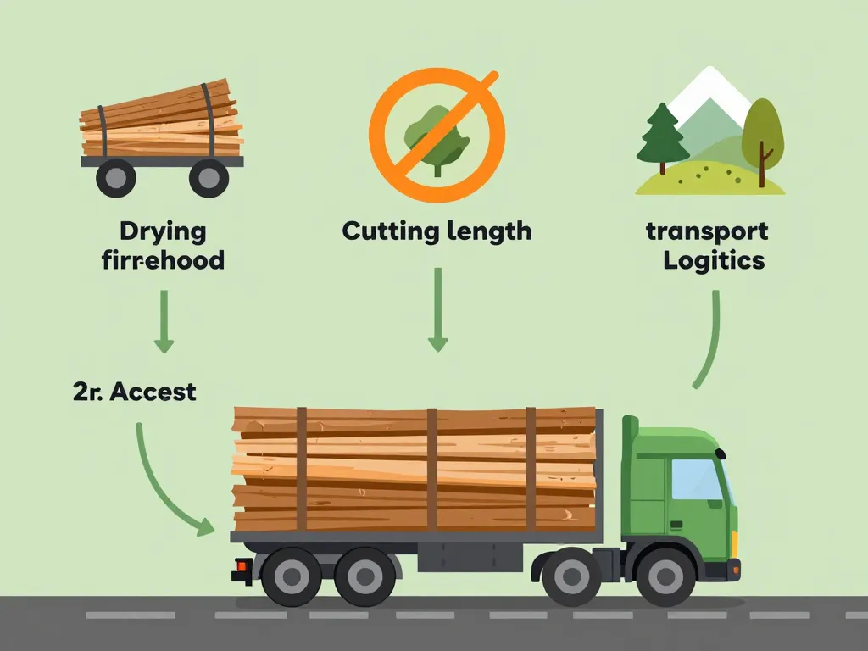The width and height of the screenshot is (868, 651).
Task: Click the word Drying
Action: pos(163,231)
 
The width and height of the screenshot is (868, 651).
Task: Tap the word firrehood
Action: pos(163,259)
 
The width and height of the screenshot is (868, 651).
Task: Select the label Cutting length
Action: pos(437,231)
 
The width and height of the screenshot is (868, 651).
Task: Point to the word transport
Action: pos(707,231)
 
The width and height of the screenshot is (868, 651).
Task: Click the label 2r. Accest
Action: pos(135,392)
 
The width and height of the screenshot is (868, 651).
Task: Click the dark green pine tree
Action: pos(662,136)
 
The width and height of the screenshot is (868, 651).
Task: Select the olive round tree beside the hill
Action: pos(762,134)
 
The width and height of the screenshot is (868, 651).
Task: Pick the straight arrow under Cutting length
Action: pos(437,309)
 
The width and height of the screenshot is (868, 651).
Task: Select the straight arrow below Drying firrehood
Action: pos(164,322)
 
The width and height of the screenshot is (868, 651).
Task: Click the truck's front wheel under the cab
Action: pos(665,576)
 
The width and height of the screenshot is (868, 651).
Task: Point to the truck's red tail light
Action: pos(242,565)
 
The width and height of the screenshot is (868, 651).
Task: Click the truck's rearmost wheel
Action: pos(292,576)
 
